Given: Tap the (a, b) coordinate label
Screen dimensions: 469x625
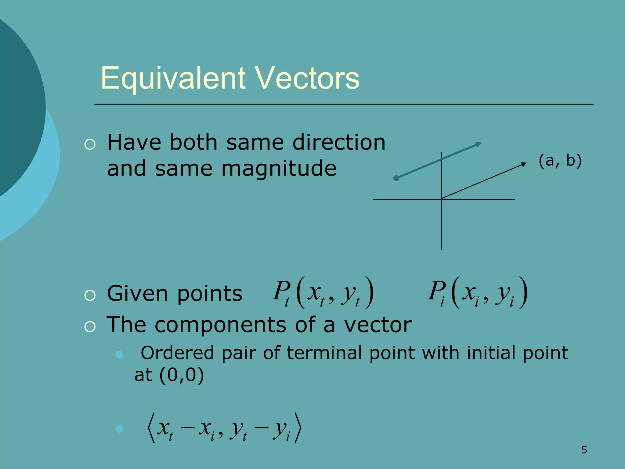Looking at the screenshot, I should point(560,161).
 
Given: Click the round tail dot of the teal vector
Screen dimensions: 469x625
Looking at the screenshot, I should point(396,178).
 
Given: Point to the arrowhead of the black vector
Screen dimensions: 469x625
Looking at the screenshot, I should point(524,164).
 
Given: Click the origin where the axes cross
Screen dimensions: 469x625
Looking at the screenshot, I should point(441,199).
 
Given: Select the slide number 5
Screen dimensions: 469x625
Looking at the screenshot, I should point(584,450).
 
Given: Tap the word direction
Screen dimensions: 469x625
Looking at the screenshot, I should point(339,142).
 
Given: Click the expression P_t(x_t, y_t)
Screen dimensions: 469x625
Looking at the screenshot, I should point(323,293).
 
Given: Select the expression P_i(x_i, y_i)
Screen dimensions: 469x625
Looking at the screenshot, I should point(478,293).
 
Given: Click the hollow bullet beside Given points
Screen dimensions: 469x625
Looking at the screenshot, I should point(90,296).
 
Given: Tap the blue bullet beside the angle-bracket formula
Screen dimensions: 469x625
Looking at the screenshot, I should point(119,429).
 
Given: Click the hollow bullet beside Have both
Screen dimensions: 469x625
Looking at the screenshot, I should point(90,144).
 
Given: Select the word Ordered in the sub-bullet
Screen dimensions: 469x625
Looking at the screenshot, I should point(177,353).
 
